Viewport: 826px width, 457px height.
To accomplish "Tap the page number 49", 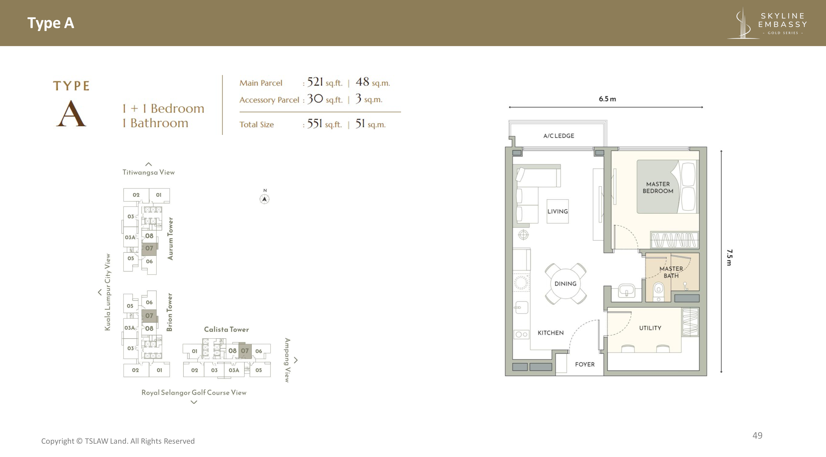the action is tap(757, 436).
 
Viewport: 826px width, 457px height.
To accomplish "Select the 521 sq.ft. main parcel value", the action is tap(324, 82).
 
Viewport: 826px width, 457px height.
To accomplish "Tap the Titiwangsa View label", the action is tap(149, 172).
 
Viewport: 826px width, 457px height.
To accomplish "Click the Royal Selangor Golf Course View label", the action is tap(194, 393).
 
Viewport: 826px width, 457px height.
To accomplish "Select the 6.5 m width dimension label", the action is tap(607, 99).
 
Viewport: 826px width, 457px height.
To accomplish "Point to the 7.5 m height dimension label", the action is tap(729, 258).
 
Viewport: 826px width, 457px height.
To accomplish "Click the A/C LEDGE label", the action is tap(559, 136).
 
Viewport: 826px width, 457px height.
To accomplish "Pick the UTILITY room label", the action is tap(650, 328).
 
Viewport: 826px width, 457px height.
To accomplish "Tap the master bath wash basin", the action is tap(626, 291).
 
